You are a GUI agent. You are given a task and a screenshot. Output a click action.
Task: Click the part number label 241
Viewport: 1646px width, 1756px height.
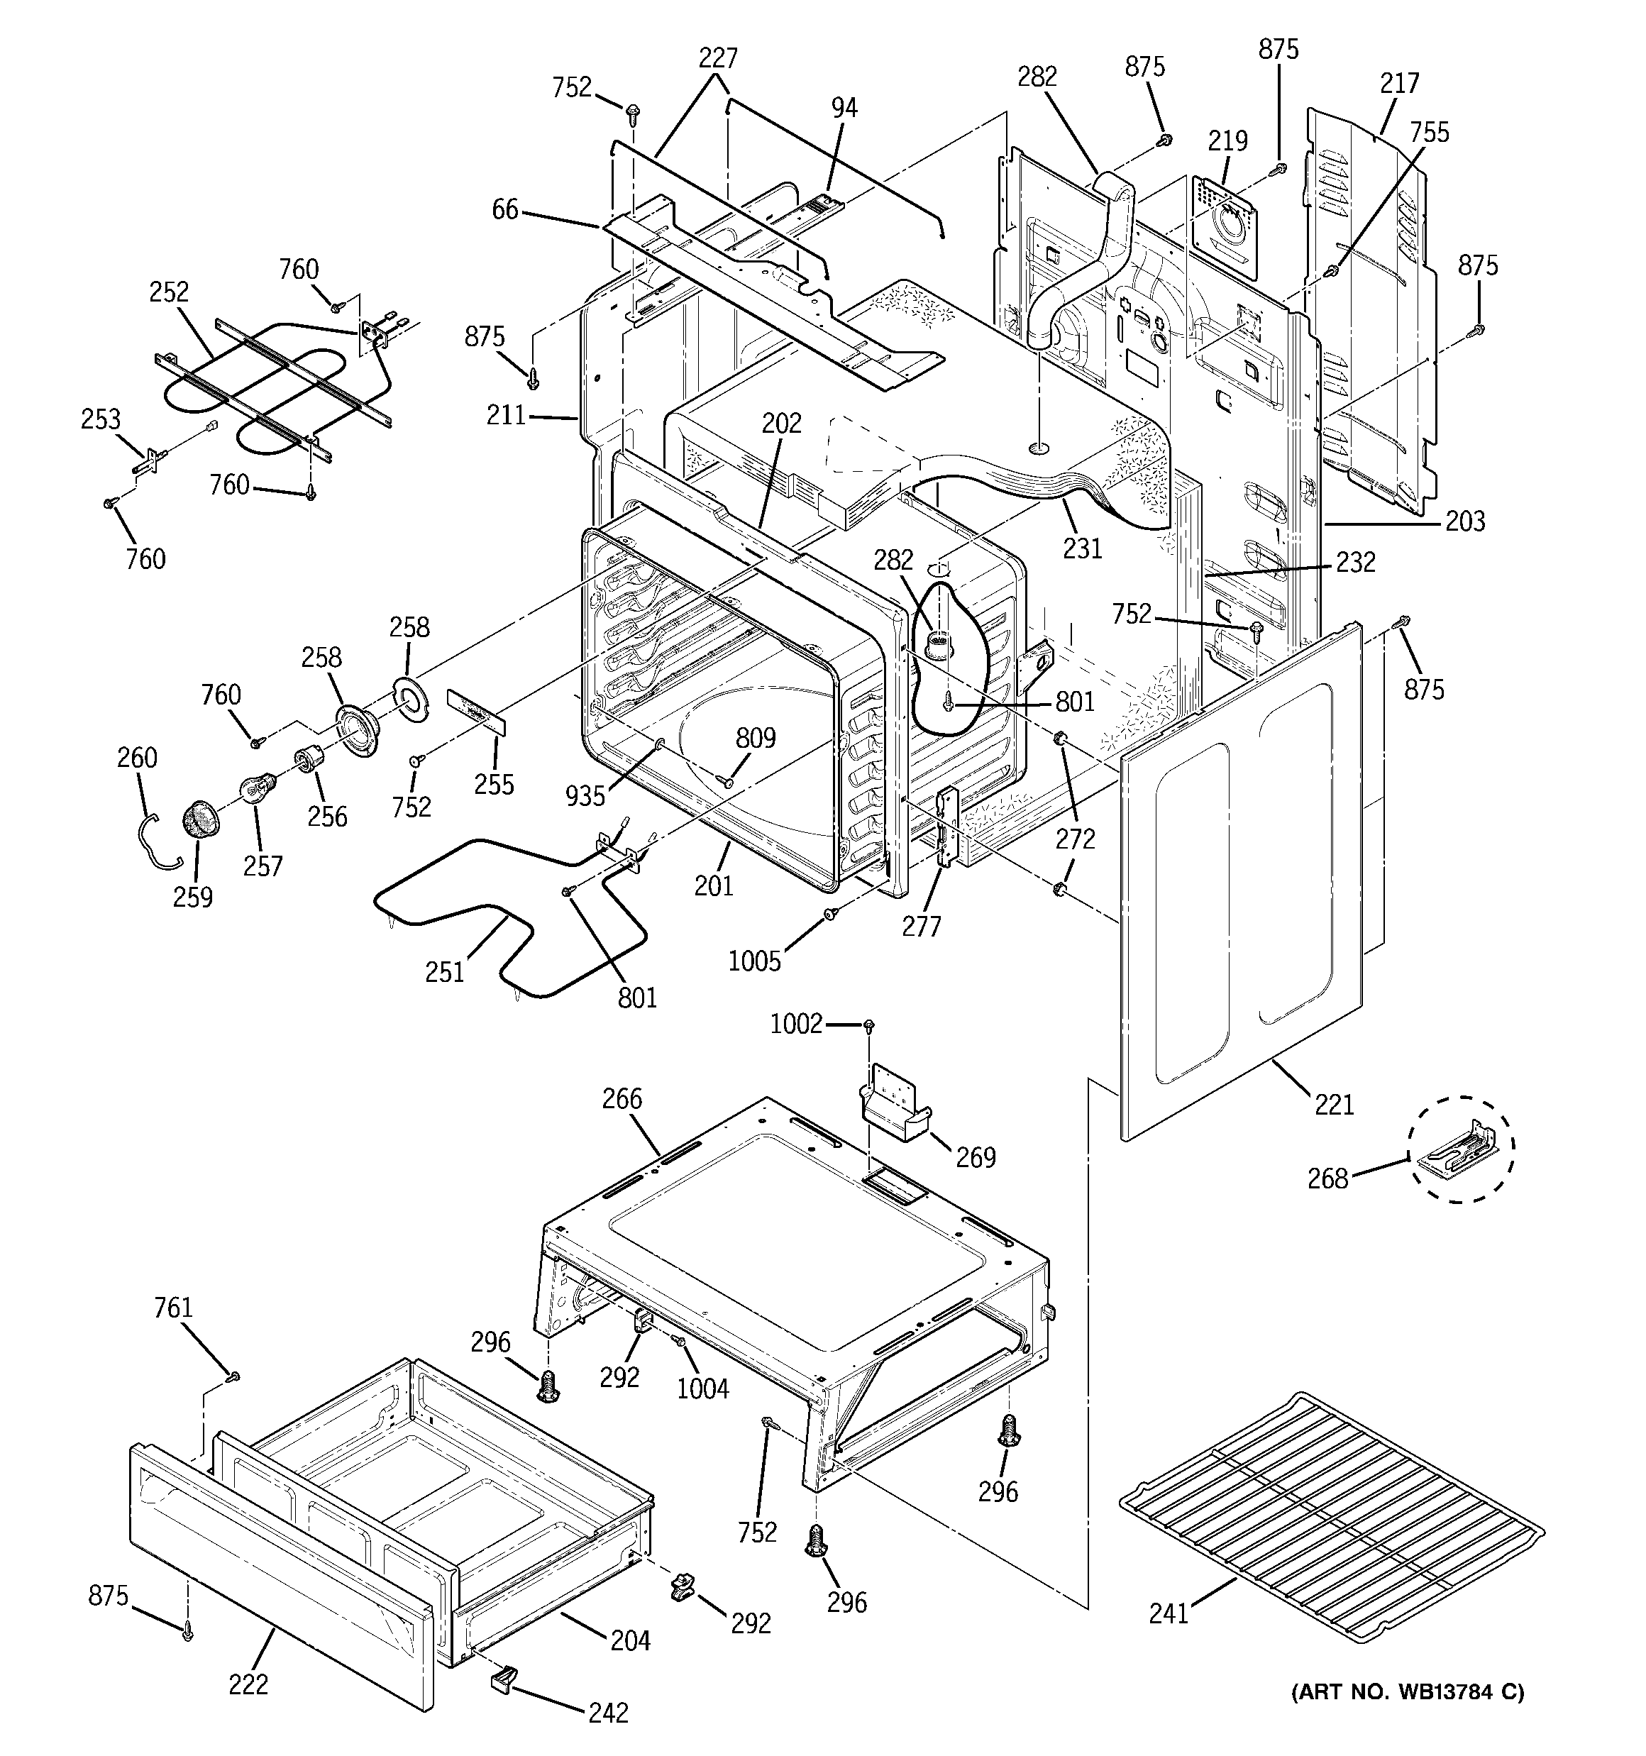pyautogui.click(x=1169, y=1614)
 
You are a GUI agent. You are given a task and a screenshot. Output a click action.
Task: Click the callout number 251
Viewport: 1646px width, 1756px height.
pyautogui.click(x=444, y=973)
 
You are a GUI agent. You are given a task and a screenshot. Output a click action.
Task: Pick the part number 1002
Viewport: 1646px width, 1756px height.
pyautogui.click(x=796, y=1025)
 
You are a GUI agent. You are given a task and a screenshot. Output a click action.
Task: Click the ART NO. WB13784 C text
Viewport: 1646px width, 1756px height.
pyautogui.click(x=1408, y=1692)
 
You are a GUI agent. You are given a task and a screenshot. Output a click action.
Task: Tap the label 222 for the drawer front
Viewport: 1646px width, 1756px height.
pyautogui.click(x=248, y=1684)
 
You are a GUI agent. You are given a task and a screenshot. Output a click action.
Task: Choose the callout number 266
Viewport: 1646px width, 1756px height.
pyautogui.click(x=622, y=1100)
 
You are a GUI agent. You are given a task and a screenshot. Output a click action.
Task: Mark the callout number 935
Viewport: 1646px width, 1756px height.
pyautogui.click(x=585, y=797)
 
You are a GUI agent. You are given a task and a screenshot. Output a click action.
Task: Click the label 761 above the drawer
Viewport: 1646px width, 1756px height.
pyautogui.click(x=173, y=1308)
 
